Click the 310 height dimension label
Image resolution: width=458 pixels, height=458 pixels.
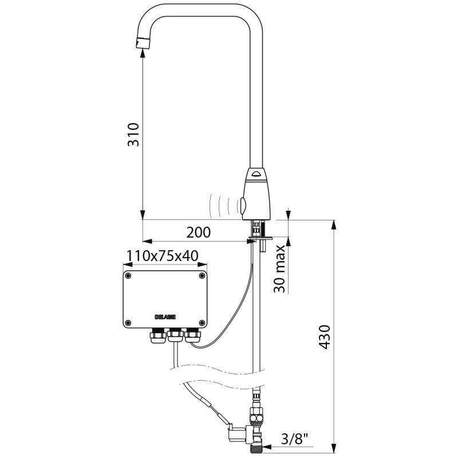pyautogui.click(x=133, y=134)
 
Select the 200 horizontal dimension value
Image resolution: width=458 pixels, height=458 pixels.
pyautogui.click(x=198, y=232)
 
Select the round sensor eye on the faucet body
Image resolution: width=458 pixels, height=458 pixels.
pyautogui.click(x=244, y=203)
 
